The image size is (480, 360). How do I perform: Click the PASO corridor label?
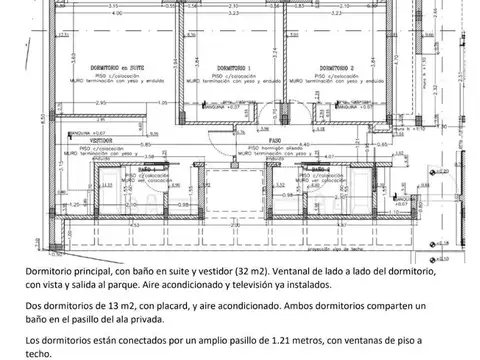[272, 140]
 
